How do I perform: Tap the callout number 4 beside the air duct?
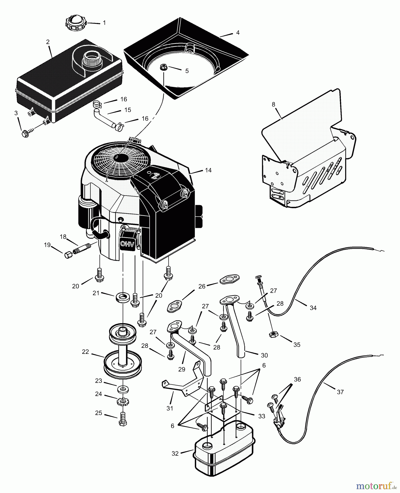pos(238,33)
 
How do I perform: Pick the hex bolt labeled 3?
pos(26,134)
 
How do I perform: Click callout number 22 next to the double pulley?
pos(85,352)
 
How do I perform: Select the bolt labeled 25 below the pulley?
pos(123,419)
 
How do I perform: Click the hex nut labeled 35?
pos(273,334)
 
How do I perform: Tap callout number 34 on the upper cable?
pos(313,308)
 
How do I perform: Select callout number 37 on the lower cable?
pos(340,392)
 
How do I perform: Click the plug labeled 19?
pos(68,255)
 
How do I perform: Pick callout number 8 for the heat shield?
pos(273,104)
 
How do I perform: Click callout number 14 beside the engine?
pos(208,170)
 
